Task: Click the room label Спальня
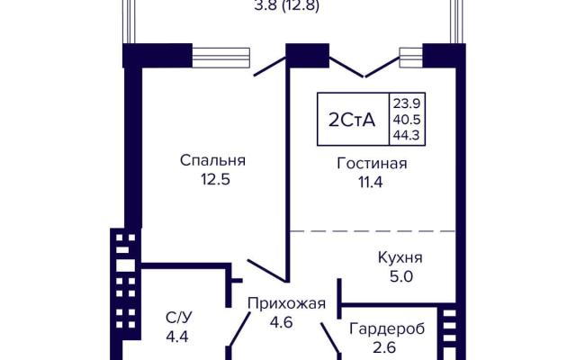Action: tap(212, 160)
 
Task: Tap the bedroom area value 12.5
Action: tap(215, 180)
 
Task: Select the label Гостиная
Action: tap(372, 164)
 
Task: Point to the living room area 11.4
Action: tap(371, 183)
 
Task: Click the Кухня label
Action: tap(400, 257)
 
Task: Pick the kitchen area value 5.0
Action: tap(401, 276)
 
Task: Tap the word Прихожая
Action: tap(286, 304)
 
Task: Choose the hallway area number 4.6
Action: tap(281, 322)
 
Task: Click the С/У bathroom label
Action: tap(179, 318)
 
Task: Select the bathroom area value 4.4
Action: tap(177, 337)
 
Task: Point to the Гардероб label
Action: tap(387, 328)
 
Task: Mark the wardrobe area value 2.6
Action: tap(385, 347)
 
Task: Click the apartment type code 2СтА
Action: tap(352, 120)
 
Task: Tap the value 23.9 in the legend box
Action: tap(407, 103)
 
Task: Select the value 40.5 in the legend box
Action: tap(407, 120)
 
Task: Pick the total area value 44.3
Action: tap(406, 136)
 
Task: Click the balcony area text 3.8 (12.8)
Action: tap(286, 6)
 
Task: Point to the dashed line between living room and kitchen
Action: tap(373, 231)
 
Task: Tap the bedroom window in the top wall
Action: tap(220, 58)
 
